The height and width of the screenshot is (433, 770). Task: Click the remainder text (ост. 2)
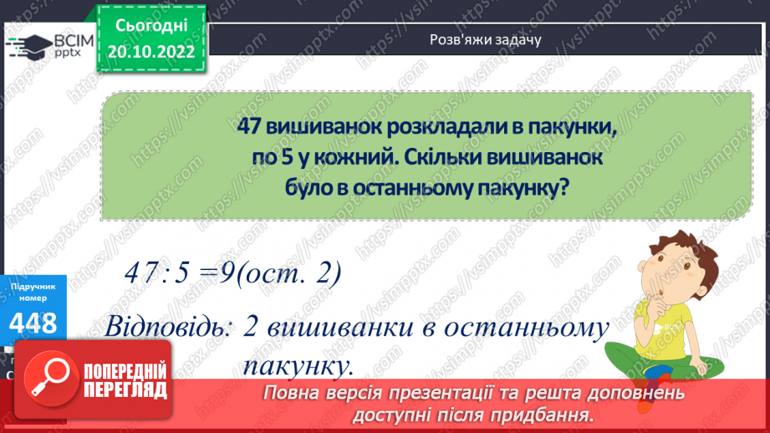pos(288,273)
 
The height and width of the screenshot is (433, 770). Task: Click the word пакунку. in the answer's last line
pos(298,365)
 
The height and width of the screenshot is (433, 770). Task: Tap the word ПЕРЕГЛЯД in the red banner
pos(125,390)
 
